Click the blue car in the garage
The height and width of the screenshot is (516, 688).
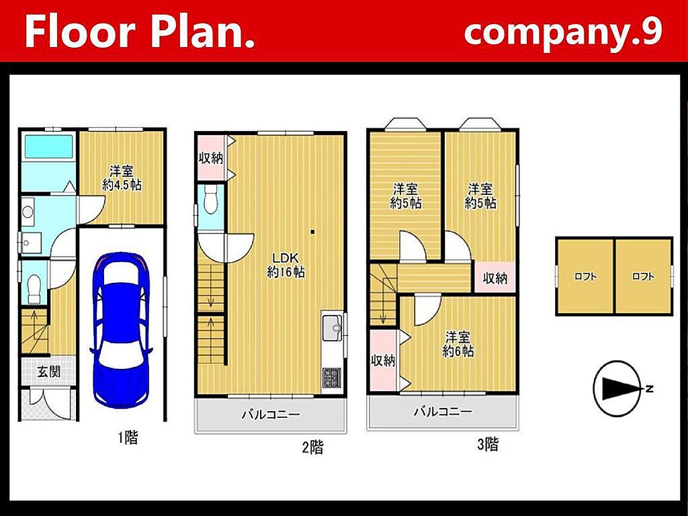coord(121,330)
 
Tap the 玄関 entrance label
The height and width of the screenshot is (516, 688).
coord(48,372)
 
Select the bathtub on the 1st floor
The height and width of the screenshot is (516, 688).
coord(48,146)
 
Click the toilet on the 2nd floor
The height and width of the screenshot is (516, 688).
coord(211,199)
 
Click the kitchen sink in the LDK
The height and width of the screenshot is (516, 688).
coord(332,328)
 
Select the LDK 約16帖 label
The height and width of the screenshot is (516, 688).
coord(286,265)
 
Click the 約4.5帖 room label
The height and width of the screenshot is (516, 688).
coord(122,177)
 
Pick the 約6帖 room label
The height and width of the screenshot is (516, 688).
coord(458,345)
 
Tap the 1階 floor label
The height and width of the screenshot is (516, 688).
coord(128,437)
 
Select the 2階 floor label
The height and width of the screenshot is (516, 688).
coord(313,447)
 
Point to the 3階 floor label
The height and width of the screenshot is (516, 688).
coord(488,445)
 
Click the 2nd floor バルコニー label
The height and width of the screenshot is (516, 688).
coord(271,415)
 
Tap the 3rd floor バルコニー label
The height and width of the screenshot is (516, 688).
coord(443,412)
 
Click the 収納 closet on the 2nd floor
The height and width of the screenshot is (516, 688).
coord(211,157)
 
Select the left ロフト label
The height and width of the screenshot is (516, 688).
coord(585,276)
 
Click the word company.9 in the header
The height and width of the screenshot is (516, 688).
coord(563,32)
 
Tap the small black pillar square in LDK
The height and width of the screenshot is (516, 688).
coord(312,232)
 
